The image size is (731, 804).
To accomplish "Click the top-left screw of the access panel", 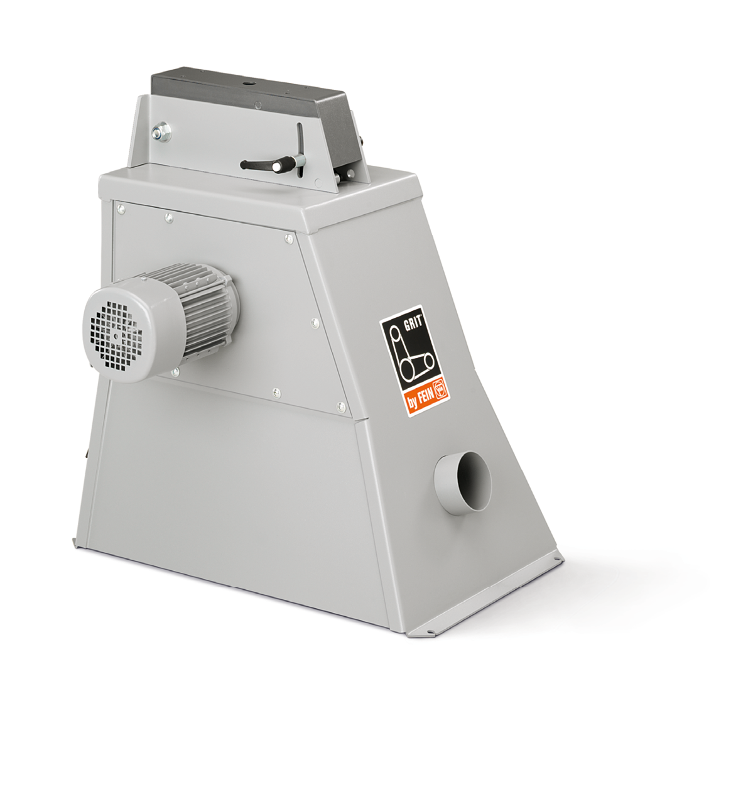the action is [x=121, y=209].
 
